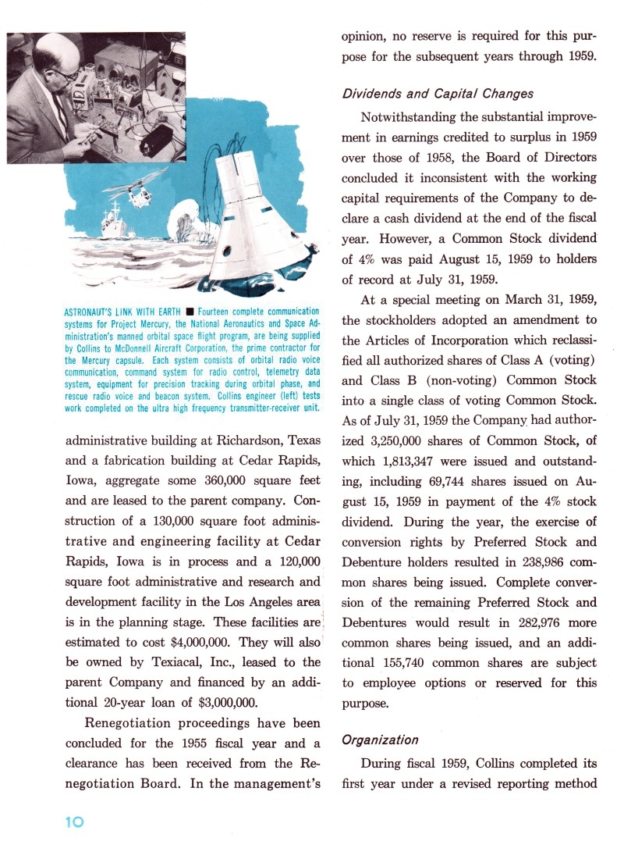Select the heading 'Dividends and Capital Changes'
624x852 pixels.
tap(438, 94)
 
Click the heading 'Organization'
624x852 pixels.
tap(380, 740)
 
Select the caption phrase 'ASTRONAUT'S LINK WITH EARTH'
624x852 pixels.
tap(123, 312)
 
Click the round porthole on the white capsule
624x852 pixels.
tap(228, 251)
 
